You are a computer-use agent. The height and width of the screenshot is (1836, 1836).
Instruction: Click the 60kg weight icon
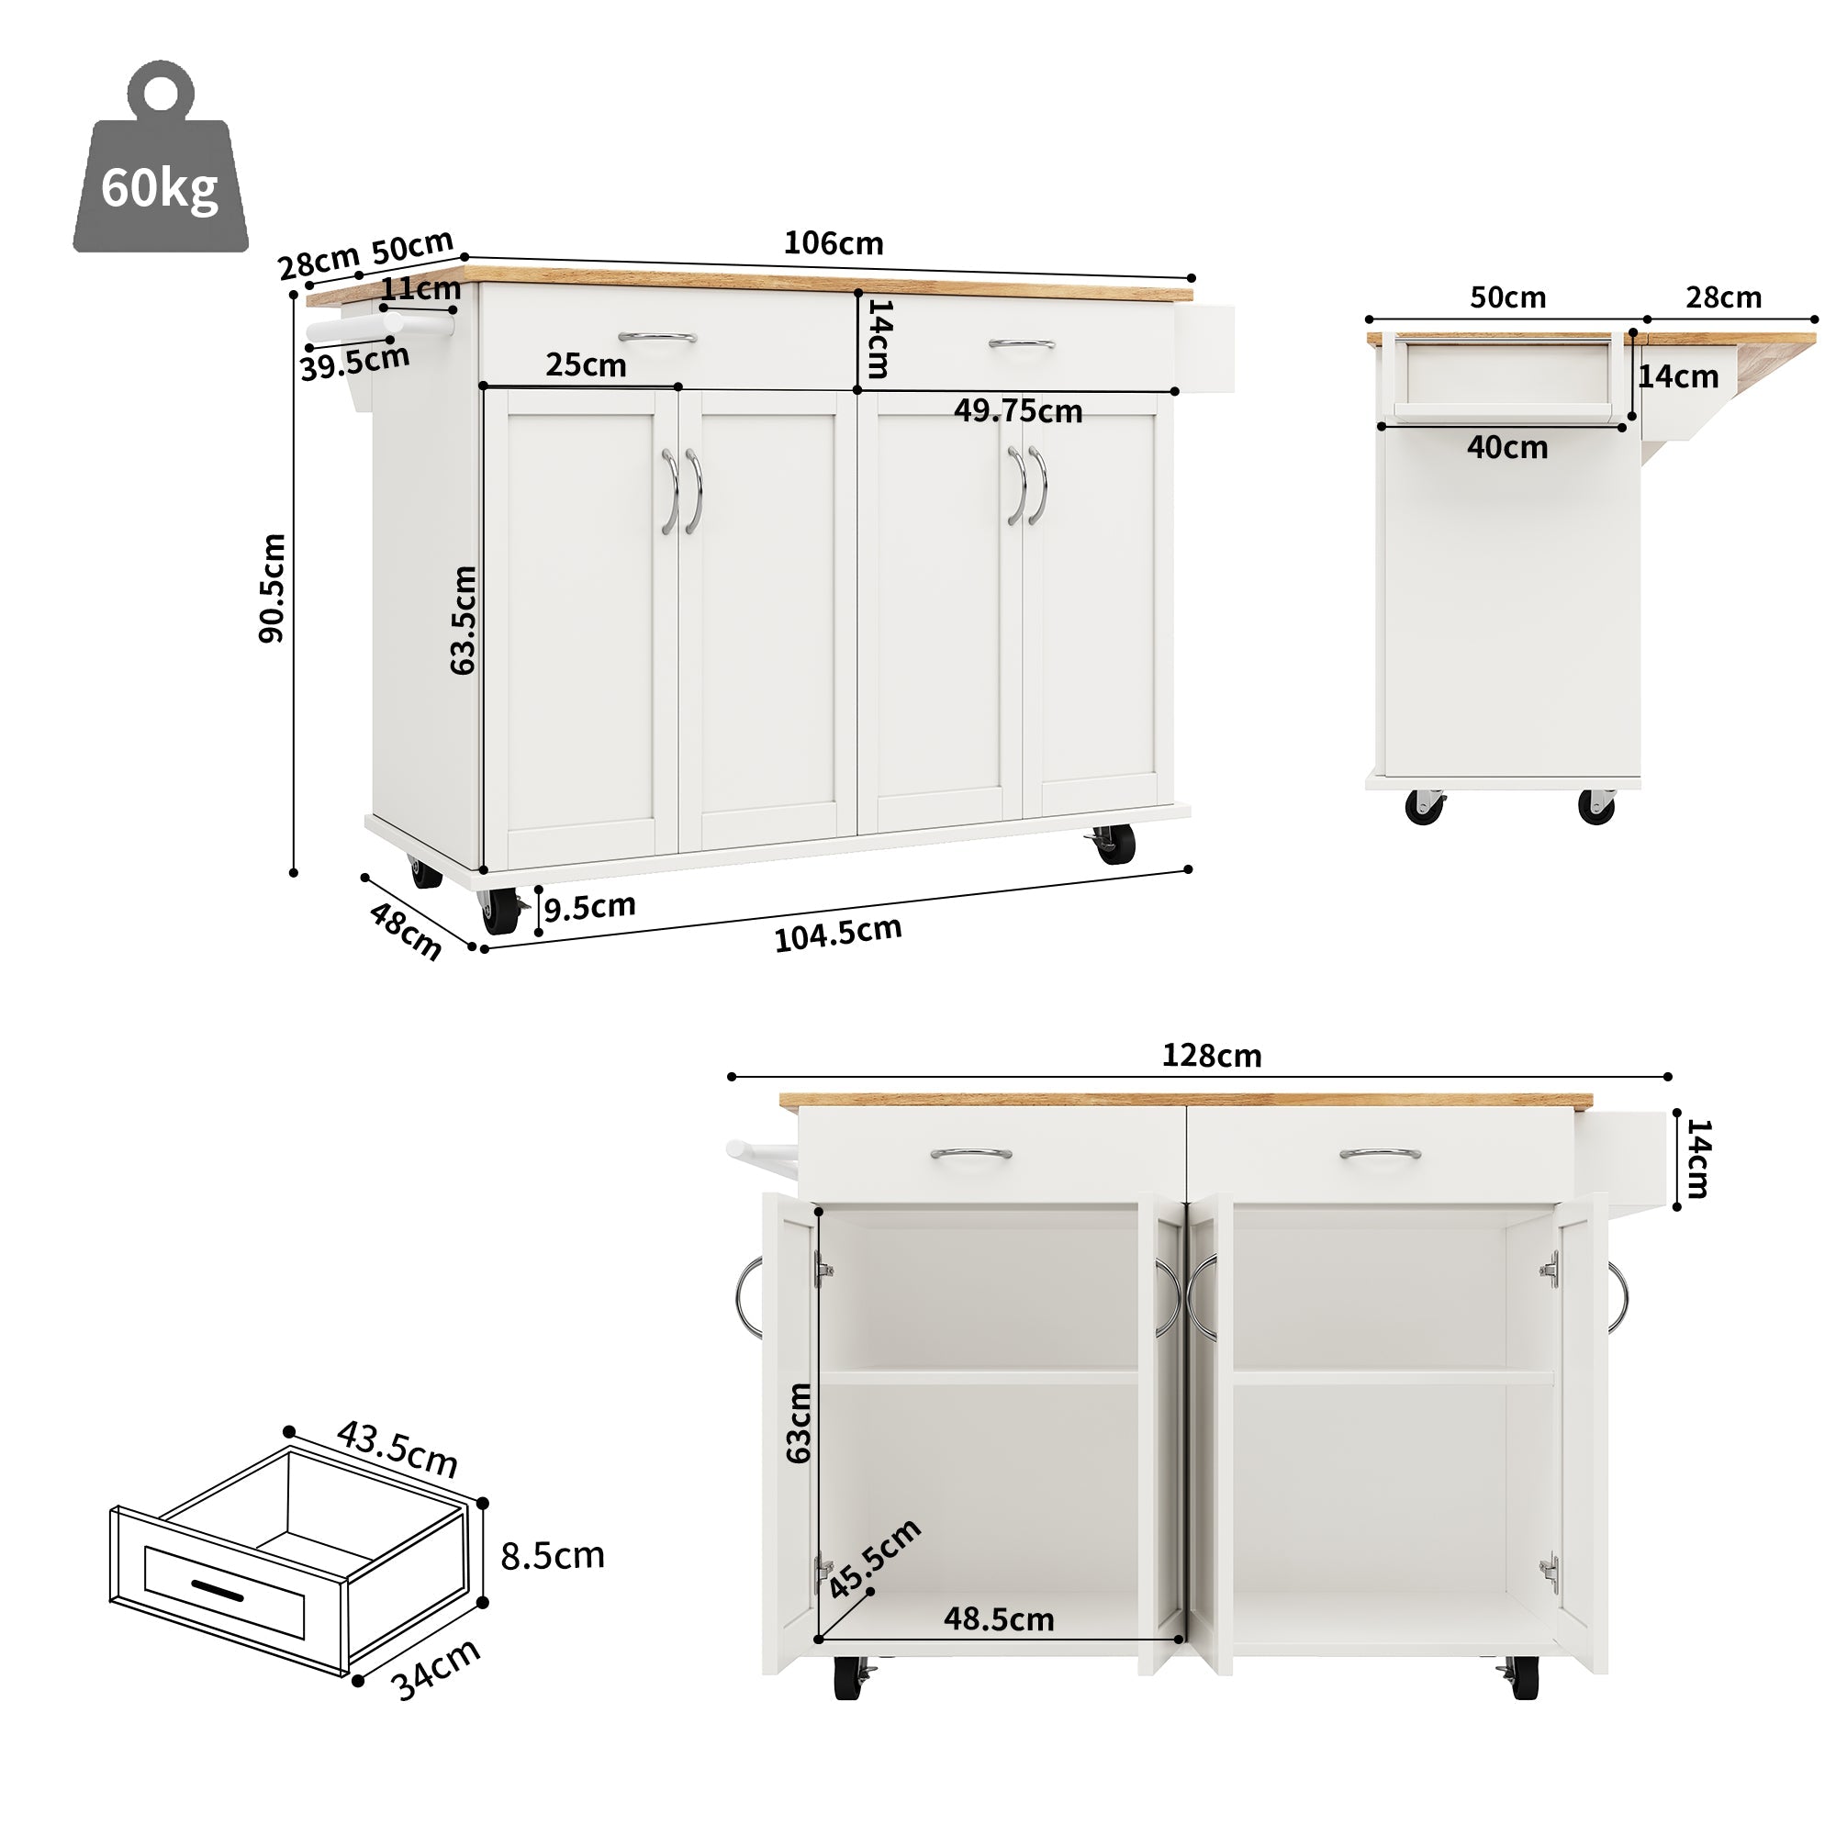point(160,162)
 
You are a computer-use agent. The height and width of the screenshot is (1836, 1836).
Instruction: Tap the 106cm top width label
point(833,243)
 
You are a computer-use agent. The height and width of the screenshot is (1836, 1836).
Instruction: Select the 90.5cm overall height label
point(272,588)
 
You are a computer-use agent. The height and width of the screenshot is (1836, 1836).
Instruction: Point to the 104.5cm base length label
point(837,935)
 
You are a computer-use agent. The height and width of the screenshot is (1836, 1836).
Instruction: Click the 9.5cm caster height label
point(589,907)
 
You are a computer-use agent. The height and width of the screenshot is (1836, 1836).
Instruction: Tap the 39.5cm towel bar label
point(354,362)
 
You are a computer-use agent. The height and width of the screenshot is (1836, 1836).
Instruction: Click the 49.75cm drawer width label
point(1018,410)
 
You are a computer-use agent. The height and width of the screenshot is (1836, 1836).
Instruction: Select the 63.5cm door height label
point(463,620)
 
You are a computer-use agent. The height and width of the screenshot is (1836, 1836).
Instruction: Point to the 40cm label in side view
point(1506,447)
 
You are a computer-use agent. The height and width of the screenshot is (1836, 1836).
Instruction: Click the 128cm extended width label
point(1211,1056)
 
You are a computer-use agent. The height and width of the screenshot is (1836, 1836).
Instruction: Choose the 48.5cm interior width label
point(998,1619)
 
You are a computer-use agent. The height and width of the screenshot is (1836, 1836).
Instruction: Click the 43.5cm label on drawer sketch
point(397,1449)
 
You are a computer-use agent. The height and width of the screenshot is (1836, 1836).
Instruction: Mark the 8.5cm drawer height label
point(552,1557)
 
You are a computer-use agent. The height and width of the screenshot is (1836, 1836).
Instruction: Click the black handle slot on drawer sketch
point(218,1589)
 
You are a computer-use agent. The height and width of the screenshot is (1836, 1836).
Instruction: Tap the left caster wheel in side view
point(1424,807)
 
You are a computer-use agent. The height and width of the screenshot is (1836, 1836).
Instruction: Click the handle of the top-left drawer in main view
point(656,336)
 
